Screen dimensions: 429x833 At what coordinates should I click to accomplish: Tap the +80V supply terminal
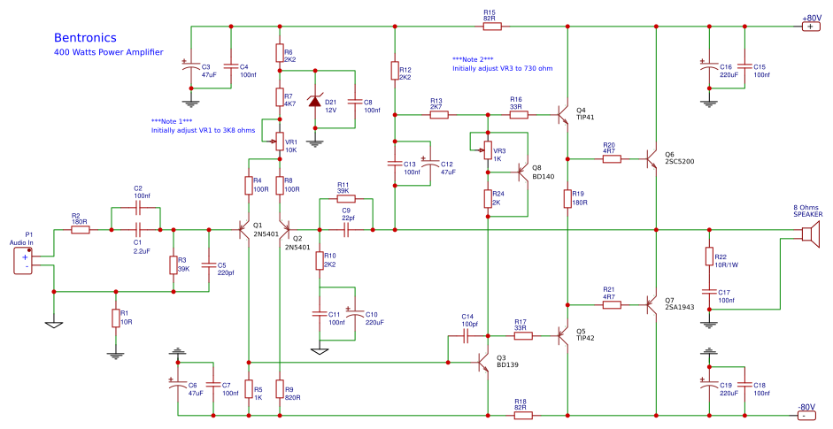point(810,27)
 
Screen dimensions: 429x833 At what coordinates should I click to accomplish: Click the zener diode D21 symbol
point(315,102)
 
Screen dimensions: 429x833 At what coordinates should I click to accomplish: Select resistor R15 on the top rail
point(490,27)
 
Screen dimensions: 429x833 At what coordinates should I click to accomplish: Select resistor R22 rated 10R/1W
point(707,257)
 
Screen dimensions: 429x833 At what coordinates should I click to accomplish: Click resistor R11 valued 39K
point(346,200)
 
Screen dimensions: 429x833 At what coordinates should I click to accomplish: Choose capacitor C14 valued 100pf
point(468,336)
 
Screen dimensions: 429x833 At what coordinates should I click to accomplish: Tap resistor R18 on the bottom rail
point(522,414)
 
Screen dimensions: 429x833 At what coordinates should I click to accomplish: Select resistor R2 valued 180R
point(81,230)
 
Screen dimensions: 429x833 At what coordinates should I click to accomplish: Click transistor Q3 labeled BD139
point(483,362)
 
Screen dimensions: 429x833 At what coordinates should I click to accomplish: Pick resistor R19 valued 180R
point(567,199)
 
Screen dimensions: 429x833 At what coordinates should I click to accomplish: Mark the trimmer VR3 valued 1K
point(486,149)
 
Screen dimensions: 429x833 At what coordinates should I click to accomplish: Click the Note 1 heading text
point(172,120)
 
